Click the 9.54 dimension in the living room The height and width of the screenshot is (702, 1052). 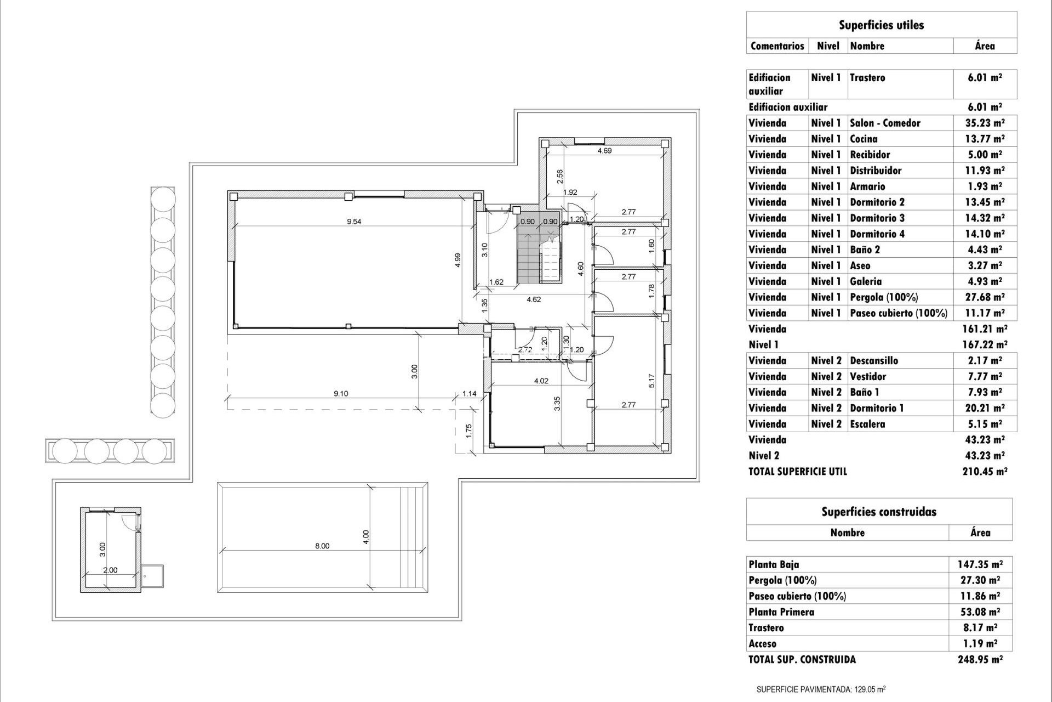354,222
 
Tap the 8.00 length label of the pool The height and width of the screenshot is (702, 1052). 322,546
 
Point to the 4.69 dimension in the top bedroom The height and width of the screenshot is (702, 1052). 604,151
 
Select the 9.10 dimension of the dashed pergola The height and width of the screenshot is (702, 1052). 341,393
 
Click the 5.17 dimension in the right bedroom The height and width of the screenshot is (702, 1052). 651,381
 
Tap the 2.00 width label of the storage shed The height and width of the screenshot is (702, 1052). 110,570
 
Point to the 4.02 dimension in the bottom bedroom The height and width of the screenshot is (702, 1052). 541,381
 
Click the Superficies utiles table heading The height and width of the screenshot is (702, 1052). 881,25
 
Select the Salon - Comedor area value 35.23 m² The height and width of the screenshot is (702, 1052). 985,123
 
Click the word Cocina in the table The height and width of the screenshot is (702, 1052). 864,139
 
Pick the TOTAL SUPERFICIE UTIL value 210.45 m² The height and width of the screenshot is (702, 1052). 985,471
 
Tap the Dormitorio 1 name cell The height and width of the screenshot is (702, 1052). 877,408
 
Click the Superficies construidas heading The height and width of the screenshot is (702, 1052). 879,512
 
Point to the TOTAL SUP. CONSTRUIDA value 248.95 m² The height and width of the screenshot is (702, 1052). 980,660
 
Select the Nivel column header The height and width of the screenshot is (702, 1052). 828,46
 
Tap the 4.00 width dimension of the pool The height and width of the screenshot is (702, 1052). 366,536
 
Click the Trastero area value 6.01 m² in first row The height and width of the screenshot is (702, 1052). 985,78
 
